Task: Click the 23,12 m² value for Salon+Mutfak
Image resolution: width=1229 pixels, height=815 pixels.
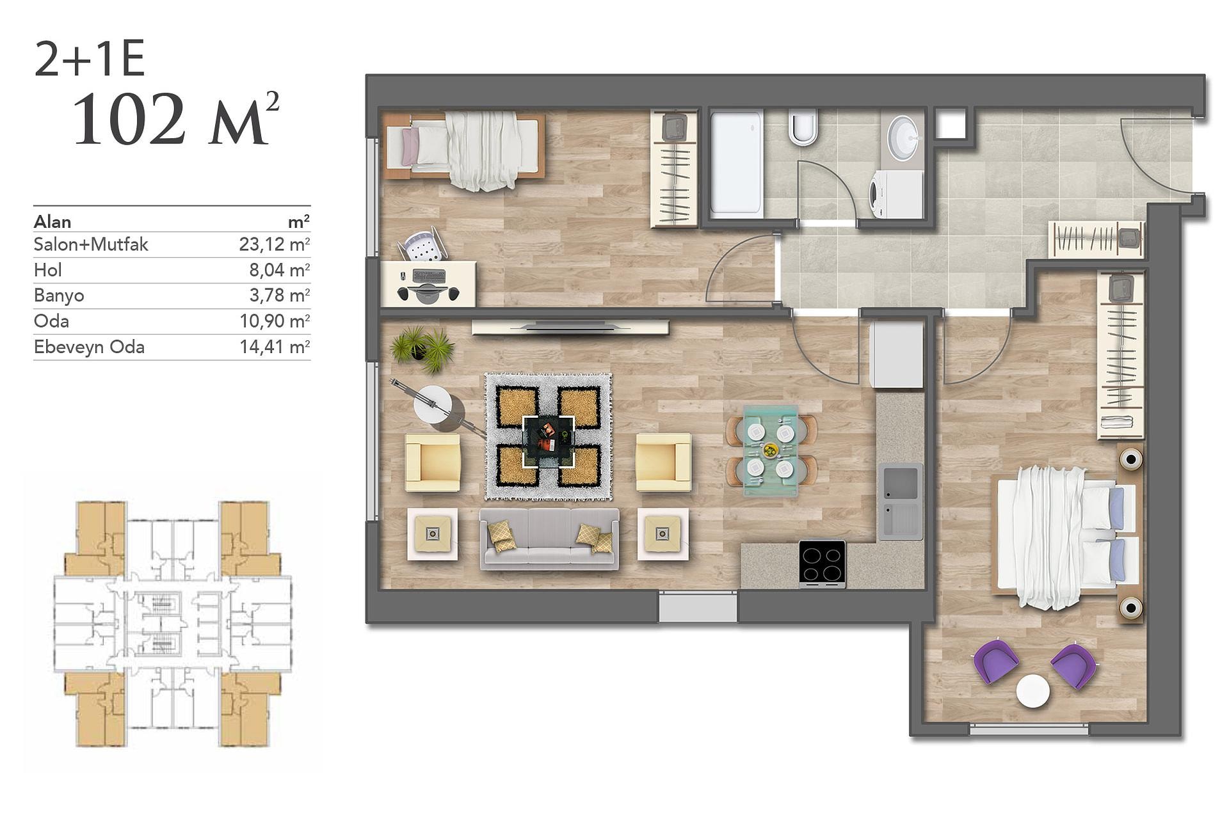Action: coord(275,244)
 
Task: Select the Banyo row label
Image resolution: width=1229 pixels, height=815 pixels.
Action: coord(59,296)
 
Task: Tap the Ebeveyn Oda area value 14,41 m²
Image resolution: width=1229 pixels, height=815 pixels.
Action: coord(275,347)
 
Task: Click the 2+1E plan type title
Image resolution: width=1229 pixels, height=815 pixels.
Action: coord(90,59)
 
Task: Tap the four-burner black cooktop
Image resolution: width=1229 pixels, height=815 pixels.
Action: coord(822,564)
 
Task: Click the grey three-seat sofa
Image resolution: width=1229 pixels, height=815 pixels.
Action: coord(549,538)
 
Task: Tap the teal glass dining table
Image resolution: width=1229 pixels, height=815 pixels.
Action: coord(771,450)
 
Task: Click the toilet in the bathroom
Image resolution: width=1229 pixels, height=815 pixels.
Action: coord(803,127)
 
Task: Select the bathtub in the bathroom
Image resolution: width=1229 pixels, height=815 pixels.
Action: coord(736,162)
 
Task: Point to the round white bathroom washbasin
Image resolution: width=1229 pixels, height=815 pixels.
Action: coord(903,137)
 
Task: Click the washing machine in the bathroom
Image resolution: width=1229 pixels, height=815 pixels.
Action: coord(896,194)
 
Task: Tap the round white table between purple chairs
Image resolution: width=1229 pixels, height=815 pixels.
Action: coord(1033,692)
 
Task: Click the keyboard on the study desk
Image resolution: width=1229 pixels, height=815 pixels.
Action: coord(430,276)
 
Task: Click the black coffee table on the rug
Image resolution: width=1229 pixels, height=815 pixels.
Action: coord(548,441)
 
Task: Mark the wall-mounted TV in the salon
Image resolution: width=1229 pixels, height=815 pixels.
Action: coord(570,327)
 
